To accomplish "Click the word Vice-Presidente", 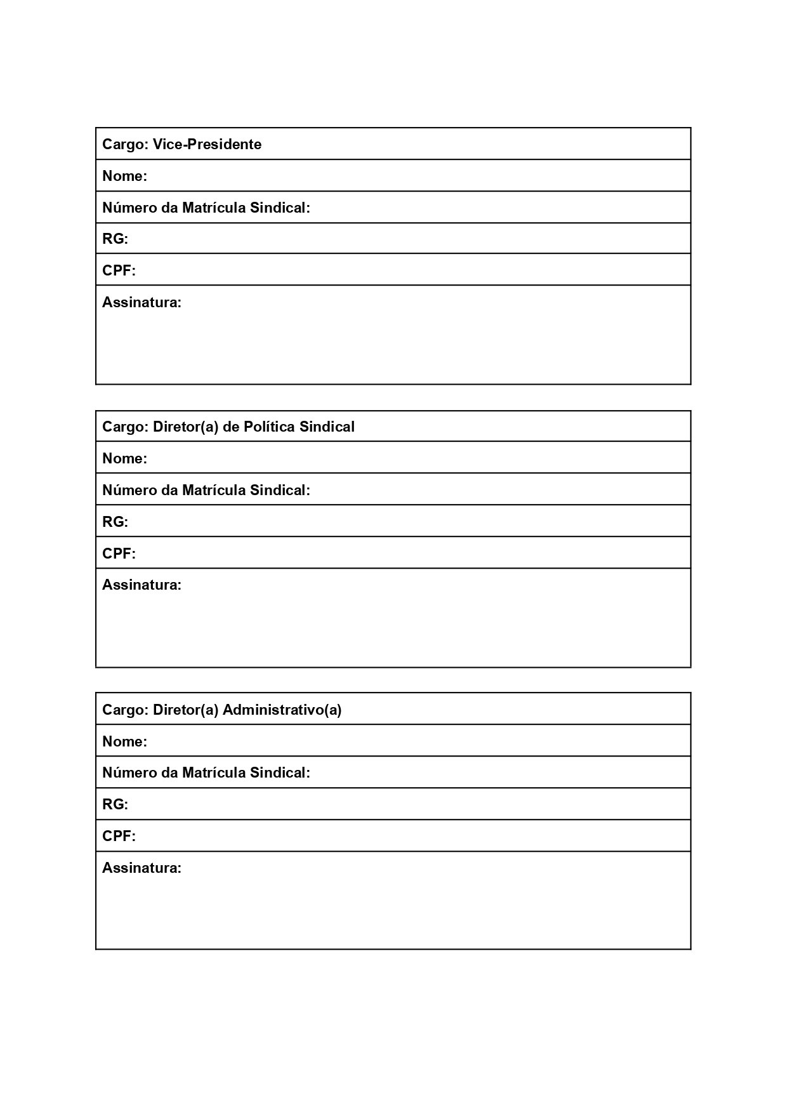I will (207, 144).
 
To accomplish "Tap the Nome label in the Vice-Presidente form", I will (124, 176).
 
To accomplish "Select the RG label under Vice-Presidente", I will (115, 239).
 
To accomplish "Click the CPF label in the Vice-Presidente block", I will (119, 270).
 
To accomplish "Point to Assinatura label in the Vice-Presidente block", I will (141, 302).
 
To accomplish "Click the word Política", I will (269, 427).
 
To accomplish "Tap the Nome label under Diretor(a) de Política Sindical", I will (124, 458).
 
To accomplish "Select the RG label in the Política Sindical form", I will (115, 522).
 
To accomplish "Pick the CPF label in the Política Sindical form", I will (119, 554).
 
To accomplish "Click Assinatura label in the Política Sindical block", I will (141, 585).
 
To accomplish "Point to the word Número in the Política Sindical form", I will (129, 490).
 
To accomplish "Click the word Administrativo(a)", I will (282, 710).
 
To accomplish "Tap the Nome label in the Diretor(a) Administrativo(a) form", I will (124, 741).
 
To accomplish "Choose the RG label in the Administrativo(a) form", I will (115, 804).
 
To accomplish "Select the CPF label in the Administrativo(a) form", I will (119, 836).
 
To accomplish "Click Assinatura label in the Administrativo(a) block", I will (141, 868).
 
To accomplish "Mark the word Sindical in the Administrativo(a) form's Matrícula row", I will (280, 773).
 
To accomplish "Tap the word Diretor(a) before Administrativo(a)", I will (185, 710).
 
